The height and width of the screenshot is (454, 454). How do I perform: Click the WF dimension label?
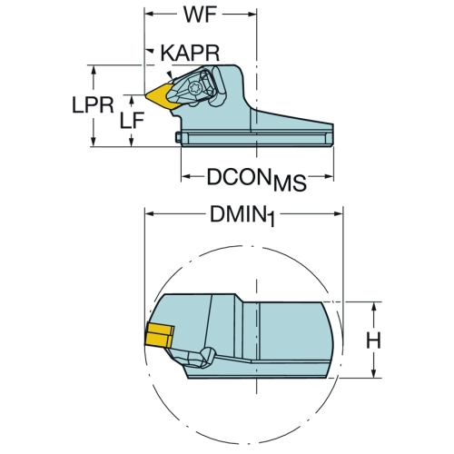[201, 15]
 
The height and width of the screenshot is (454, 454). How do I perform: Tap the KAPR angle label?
[190, 54]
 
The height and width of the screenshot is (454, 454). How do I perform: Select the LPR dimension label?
[93, 105]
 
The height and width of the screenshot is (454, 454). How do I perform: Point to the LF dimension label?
[132, 121]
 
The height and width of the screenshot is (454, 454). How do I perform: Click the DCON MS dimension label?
[256, 179]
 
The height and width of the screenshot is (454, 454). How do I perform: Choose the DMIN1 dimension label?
[242, 216]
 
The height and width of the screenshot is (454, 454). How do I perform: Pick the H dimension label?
[373, 340]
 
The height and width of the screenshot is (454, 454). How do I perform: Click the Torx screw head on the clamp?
[193, 89]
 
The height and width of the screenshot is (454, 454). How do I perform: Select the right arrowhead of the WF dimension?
[252, 14]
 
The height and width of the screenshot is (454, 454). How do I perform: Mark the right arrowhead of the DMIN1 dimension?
[338, 214]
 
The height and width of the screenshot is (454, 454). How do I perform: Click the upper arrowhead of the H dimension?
[374, 308]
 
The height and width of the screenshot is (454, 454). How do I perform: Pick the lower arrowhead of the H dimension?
[374, 372]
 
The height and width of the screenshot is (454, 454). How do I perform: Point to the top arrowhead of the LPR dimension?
[94, 71]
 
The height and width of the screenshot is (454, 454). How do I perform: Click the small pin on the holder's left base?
[178, 137]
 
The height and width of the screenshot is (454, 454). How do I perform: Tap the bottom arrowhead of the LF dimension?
[132, 141]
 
